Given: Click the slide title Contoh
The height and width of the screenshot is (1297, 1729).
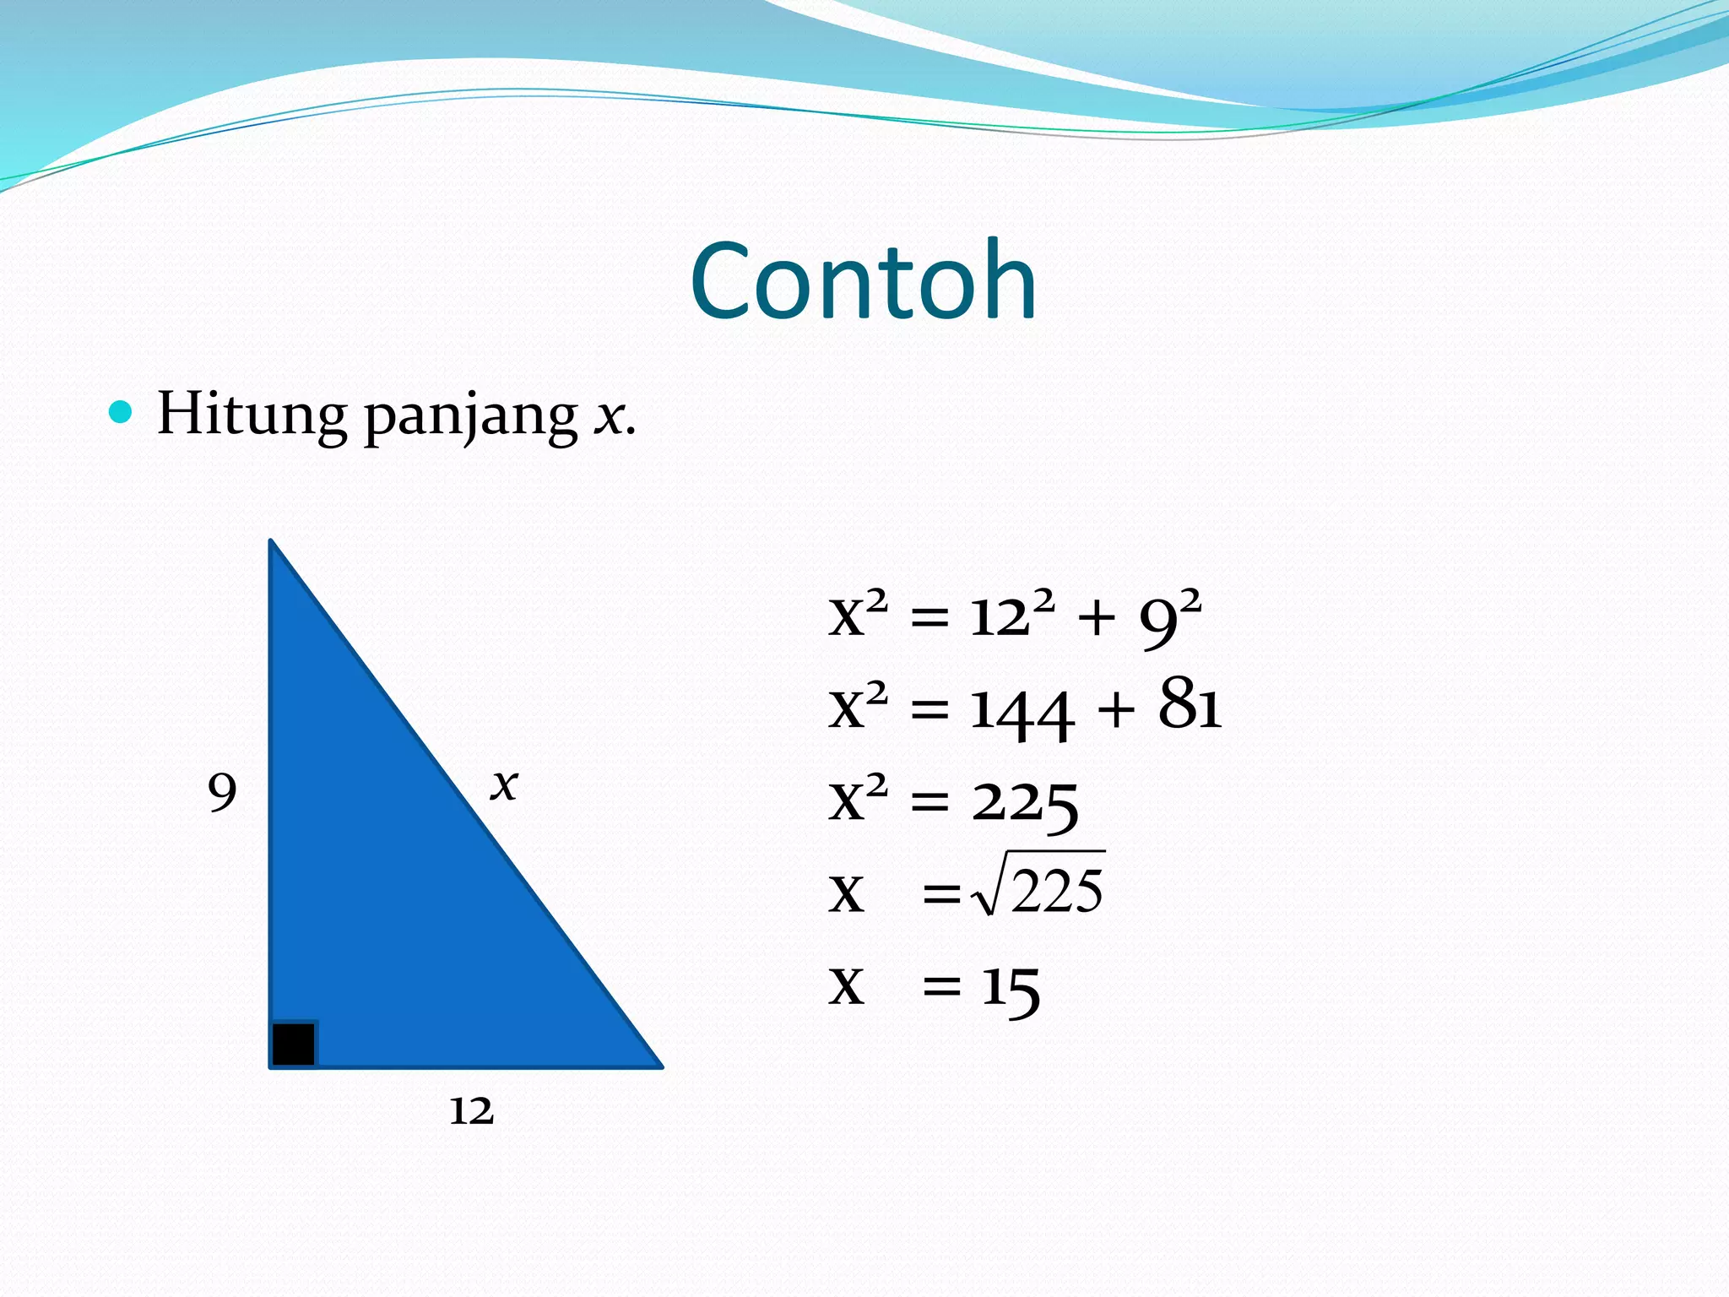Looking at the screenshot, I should pyautogui.click(x=863, y=281).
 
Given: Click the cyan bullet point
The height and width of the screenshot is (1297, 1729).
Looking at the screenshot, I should pyautogui.click(x=122, y=412).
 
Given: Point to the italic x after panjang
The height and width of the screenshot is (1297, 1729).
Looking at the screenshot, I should pyautogui.click(x=610, y=415).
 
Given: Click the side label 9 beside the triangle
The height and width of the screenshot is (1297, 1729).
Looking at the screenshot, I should pyautogui.click(x=222, y=792).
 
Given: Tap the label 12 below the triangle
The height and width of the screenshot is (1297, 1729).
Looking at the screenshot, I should pyautogui.click(x=471, y=1110).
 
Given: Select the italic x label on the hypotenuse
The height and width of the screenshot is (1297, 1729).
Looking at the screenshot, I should pyautogui.click(x=504, y=784).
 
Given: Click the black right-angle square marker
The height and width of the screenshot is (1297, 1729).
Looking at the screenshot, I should pyautogui.click(x=294, y=1045).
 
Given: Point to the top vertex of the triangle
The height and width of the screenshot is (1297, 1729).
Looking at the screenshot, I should pyautogui.click(x=271, y=542).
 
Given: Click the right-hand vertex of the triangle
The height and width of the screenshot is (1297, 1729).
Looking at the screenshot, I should pyautogui.click(x=660, y=1066).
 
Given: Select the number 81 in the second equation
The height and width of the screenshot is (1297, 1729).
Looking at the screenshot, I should pyautogui.click(x=1189, y=703).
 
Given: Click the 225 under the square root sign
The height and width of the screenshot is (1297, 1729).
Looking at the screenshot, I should pyautogui.click(x=1057, y=891).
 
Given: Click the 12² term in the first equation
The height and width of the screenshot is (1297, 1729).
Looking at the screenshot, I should pyautogui.click(x=1011, y=614).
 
